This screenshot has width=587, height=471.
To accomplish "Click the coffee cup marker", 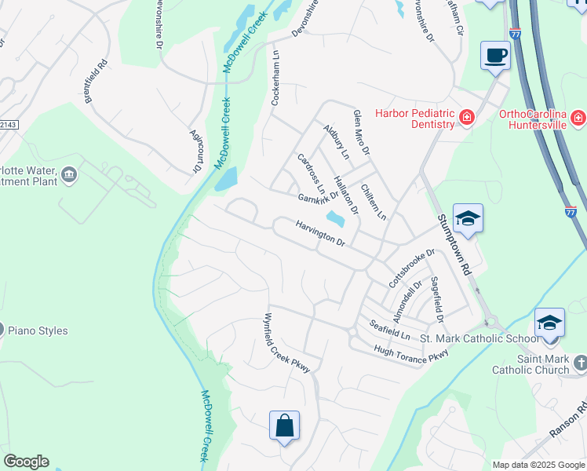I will tap(495, 56).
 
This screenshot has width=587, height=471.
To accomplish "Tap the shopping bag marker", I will tap(285, 426).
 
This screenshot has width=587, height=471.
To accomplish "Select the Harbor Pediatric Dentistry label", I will tap(415, 119).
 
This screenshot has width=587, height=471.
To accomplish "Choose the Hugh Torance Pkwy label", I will tap(410, 355).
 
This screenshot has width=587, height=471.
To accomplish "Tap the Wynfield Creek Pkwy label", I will tap(286, 343).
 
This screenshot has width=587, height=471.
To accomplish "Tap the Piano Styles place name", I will tap(38, 331).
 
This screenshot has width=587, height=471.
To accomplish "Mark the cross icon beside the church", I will tap(580, 363).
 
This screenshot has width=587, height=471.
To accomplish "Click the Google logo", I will tap(26, 462).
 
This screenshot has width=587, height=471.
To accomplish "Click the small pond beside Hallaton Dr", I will tap(335, 217).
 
